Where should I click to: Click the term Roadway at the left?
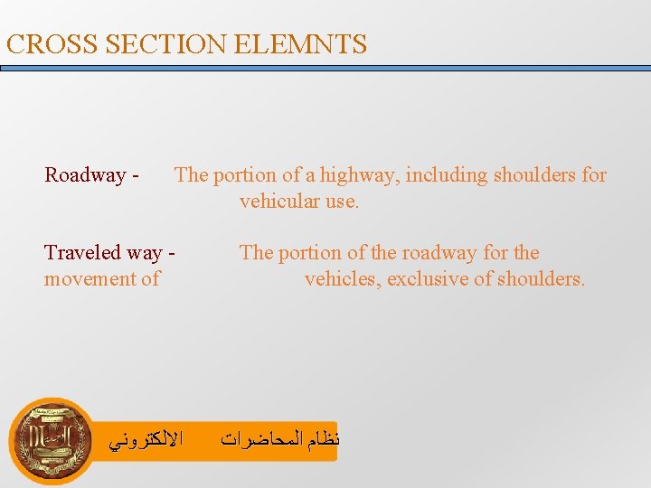click(85, 174)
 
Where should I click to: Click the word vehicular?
click(278, 201)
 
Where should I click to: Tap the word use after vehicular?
click(341, 201)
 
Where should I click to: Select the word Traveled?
click(89, 253)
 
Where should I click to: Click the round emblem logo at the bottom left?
click(50, 440)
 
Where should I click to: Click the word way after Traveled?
click(149, 253)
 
